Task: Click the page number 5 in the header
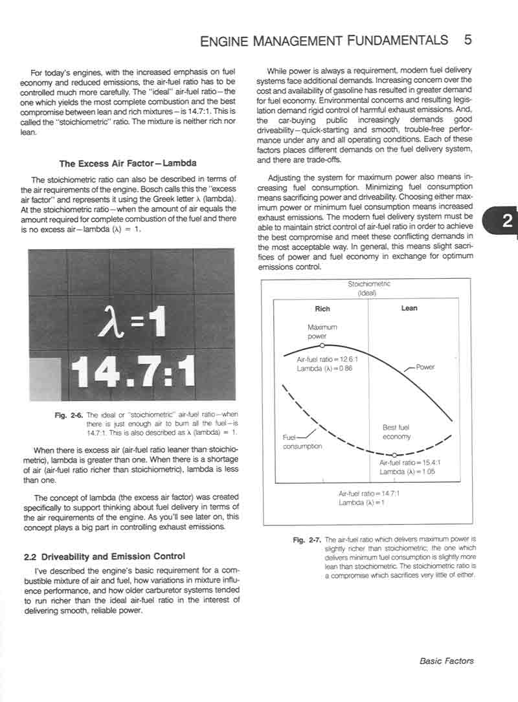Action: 467,39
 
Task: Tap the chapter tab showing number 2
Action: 507,222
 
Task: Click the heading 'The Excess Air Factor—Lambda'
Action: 128,164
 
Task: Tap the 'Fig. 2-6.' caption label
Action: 69,415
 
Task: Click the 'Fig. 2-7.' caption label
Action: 307,539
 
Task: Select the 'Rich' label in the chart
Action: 322,309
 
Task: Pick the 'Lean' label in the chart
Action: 409,309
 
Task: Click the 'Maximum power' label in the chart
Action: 322,332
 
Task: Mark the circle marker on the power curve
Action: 322,347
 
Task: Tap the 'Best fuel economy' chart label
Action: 396,432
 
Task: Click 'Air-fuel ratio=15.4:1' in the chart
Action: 409,463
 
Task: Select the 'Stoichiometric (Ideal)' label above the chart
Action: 369,288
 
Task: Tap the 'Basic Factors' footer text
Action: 446,661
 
